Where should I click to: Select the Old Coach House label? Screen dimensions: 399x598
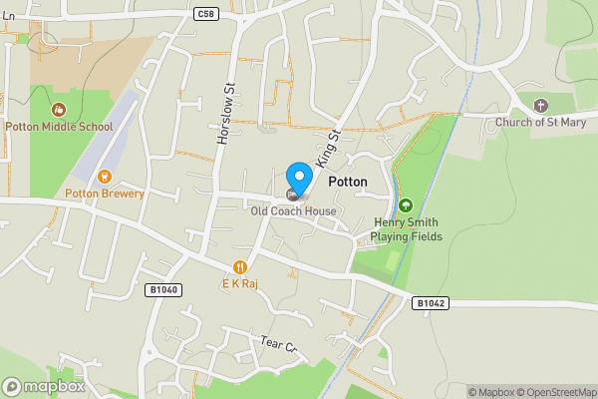[x=293, y=210]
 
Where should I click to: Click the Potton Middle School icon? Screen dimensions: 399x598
[x=59, y=109]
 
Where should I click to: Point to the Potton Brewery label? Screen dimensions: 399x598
[x=105, y=194]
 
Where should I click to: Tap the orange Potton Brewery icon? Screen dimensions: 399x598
[x=103, y=176]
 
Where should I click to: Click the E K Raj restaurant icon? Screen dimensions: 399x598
[x=240, y=266]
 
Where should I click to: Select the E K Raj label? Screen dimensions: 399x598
[x=240, y=283]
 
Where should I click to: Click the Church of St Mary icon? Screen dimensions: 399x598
[x=541, y=105]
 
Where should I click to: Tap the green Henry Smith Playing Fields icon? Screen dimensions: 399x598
[x=406, y=205]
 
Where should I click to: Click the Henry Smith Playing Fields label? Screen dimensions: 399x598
[x=406, y=229]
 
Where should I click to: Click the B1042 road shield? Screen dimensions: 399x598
[x=430, y=302]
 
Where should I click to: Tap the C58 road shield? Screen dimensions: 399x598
[x=206, y=14]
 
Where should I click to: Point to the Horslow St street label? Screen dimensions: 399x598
[x=225, y=116]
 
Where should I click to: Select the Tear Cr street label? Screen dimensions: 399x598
[x=279, y=344]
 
